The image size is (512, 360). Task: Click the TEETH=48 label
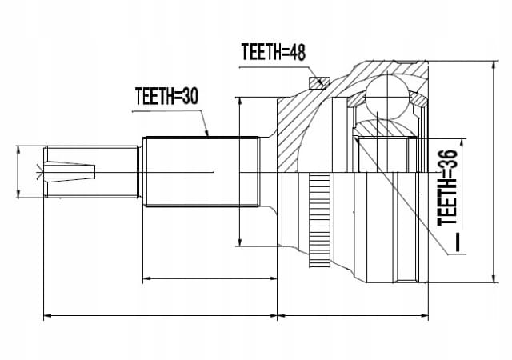pos(274,52)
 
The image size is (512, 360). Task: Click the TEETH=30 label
pos(166,96)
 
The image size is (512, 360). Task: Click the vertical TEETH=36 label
pos(447,187)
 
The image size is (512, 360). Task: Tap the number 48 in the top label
pos(297,52)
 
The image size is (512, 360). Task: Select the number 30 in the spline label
pos(189,96)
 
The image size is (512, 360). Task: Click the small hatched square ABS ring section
pos(319,82)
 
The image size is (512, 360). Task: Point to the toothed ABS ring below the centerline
pos(319,219)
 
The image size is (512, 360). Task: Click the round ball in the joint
pos(387,97)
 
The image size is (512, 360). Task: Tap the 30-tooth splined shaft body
pos(202,171)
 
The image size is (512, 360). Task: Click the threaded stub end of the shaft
pos(90,172)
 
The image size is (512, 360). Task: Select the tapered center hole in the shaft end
pos(70,171)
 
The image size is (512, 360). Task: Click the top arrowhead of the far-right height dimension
pos(494,65)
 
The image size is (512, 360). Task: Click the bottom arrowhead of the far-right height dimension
pos(495,279)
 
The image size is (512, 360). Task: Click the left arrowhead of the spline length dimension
pos(147,278)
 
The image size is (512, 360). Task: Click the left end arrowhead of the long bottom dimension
pos(48,316)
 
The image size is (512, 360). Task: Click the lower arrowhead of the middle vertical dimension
pos(240,242)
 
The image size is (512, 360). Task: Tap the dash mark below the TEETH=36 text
pos(458,242)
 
